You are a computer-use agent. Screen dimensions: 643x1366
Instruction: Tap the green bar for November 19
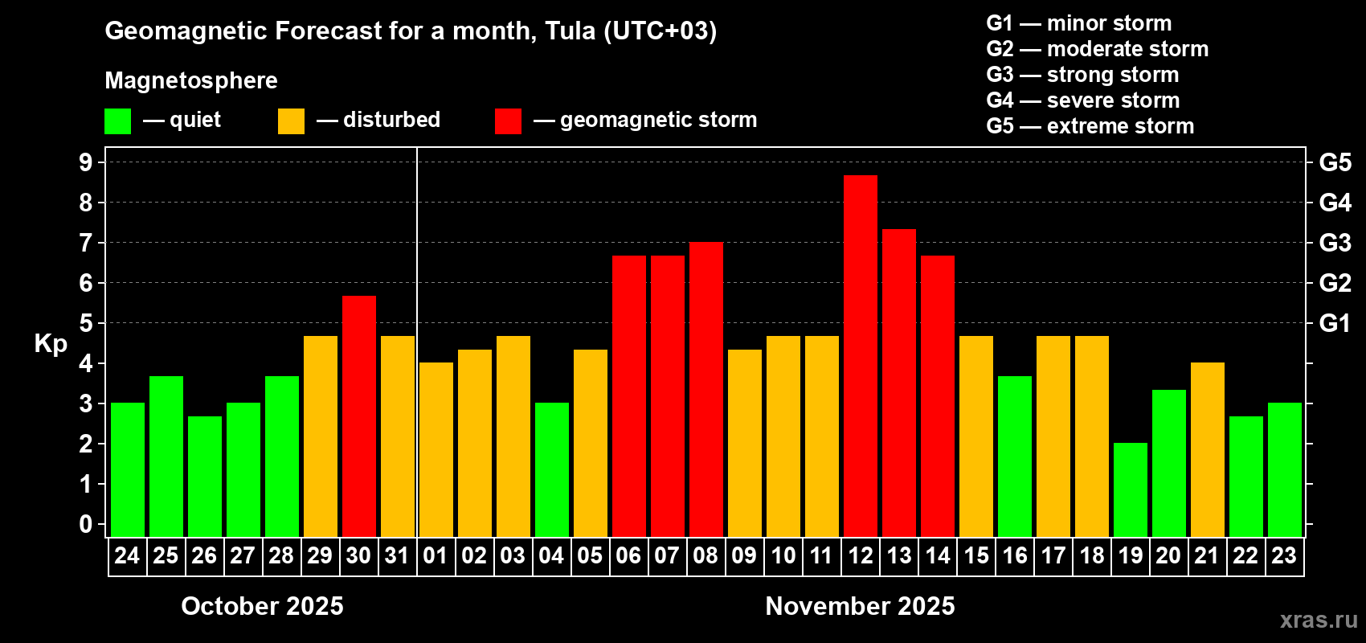[x=1130, y=489]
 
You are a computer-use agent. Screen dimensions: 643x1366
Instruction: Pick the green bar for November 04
[x=551, y=469]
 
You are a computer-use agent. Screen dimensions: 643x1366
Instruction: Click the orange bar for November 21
[x=1207, y=449]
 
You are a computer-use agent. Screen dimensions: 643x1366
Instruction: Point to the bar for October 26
[x=204, y=476]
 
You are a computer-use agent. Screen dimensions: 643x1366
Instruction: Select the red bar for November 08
[x=705, y=389]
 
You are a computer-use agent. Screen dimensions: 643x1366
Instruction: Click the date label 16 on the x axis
[x=1014, y=556]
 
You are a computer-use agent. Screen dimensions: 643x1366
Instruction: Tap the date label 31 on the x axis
[x=397, y=556]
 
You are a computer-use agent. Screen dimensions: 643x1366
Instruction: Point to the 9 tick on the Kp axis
[x=86, y=162]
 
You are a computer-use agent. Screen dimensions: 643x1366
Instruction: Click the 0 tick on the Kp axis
[x=86, y=524]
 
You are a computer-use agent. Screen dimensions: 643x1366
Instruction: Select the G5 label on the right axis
[x=1335, y=162]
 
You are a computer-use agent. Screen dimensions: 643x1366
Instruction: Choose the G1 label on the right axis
[x=1335, y=323]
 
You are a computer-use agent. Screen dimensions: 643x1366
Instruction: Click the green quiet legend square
[x=117, y=121]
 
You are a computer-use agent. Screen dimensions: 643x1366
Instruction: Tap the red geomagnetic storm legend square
[x=508, y=121]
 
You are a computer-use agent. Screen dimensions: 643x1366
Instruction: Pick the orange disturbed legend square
[x=291, y=121]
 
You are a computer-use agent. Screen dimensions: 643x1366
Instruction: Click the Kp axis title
[x=51, y=344]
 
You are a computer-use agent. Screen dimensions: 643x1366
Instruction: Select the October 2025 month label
[x=262, y=606]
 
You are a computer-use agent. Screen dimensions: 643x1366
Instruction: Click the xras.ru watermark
[x=1318, y=620]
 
